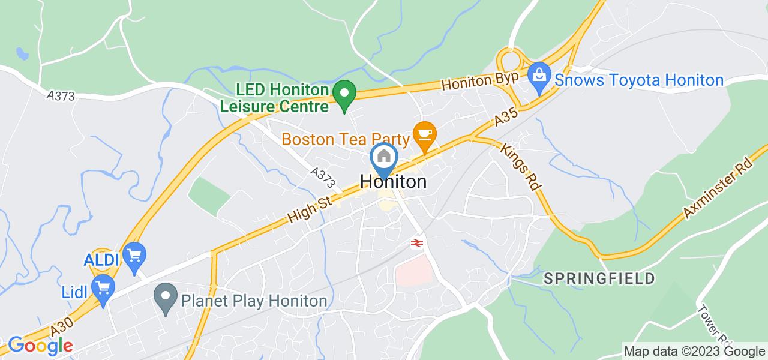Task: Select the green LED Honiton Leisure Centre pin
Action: click(x=344, y=94)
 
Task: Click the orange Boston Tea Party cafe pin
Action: click(x=425, y=135)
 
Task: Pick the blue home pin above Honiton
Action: click(x=383, y=158)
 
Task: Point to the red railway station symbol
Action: click(x=415, y=242)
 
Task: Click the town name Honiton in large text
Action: click(x=394, y=181)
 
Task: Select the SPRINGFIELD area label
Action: click(x=599, y=278)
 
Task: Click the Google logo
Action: click(x=40, y=345)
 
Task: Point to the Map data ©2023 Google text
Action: click(x=694, y=352)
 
